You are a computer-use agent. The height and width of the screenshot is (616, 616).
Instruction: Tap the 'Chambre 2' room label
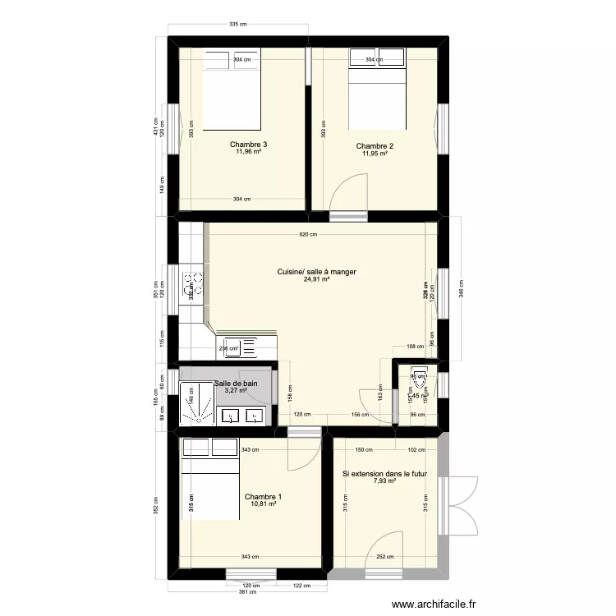pos(375,146)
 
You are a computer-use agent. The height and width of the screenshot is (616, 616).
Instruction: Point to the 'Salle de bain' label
pos(235,384)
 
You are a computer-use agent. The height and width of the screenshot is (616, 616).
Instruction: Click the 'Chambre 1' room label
pos(263,496)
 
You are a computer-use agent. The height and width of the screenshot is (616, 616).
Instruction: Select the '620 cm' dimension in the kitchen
pos(306,235)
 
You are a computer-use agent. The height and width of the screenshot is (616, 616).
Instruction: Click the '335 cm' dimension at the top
pos(237,25)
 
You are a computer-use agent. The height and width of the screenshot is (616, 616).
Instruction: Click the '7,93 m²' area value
pos(384,482)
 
